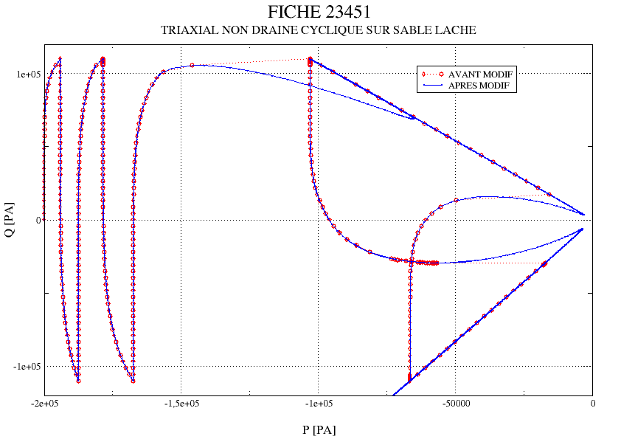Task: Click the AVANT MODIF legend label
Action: [x=480, y=75]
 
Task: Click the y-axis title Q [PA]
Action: [x=10, y=219]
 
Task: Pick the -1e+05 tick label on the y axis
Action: [x=23, y=367]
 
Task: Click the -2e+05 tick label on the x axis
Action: [x=45, y=404]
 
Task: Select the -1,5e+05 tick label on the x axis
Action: [x=181, y=404]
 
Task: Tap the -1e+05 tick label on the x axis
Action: [x=319, y=404]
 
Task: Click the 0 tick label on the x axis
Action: [x=592, y=404]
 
